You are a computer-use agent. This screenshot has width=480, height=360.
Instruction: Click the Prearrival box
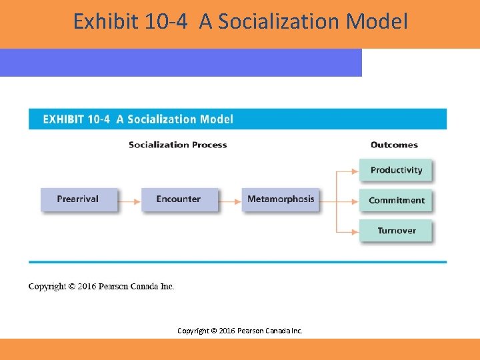pyautogui.click(x=78, y=199)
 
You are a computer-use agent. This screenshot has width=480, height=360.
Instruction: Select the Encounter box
pyautogui.click(x=179, y=199)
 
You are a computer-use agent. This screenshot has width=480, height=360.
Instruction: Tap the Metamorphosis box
pyautogui.click(x=280, y=199)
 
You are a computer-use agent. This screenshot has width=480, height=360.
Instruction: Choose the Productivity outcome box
pyautogui.click(x=396, y=170)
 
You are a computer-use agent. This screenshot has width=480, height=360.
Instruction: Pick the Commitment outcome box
pyautogui.click(x=396, y=200)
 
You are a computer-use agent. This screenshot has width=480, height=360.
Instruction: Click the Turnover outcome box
pyautogui.click(x=396, y=231)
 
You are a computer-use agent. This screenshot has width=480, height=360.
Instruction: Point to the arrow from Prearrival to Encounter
pyautogui.click(x=129, y=199)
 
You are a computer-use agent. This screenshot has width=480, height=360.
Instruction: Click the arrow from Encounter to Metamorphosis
pyautogui.click(x=230, y=199)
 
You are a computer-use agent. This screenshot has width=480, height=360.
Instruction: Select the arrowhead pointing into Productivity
pyautogui.click(x=355, y=171)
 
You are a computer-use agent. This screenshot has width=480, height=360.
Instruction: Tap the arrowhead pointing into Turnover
pyautogui.click(x=355, y=231)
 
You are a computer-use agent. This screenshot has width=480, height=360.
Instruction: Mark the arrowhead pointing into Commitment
pyautogui.click(x=355, y=200)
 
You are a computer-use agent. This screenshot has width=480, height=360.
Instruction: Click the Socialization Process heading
pyautogui.click(x=177, y=145)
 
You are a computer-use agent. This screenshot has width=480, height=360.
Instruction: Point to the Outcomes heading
pyautogui.click(x=394, y=145)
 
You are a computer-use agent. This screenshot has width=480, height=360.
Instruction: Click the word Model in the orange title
pyautogui.click(x=377, y=22)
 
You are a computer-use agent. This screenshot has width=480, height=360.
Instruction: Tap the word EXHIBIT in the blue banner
pyautogui.click(x=63, y=119)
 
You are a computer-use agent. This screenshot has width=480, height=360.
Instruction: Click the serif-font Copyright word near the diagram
pyautogui.click(x=47, y=287)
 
